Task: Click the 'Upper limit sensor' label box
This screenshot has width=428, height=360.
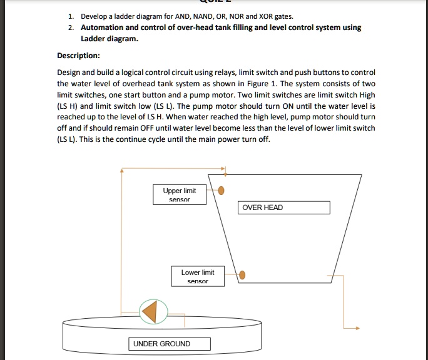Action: [180, 194]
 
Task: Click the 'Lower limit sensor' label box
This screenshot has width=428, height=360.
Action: [198, 276]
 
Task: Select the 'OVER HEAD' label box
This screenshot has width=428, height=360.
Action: [283, 207]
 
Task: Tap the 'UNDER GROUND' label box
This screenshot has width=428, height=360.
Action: [170, 344]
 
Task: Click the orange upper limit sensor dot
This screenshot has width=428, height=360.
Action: [221, 191]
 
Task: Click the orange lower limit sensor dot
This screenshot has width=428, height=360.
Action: [243, 274]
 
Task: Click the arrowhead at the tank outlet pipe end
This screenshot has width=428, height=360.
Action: [357, 327]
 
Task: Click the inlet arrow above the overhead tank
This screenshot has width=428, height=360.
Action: [226, 169]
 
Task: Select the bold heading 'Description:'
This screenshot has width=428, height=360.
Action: [78, 54]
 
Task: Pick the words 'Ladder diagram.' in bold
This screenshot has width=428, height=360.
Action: [110, 39]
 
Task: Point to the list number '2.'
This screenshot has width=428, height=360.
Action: [71, 28]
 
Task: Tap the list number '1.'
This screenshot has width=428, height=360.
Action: [71, 16]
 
